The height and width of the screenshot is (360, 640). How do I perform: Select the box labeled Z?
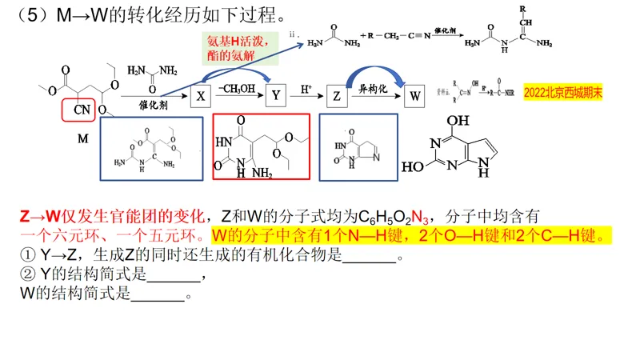(x=338, y=96)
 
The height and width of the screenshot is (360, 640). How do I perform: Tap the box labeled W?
(x=414, y=96)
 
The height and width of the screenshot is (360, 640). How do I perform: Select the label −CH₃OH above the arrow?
(x=237, y=86)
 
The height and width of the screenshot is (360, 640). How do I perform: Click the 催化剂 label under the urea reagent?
(x=154, y=104)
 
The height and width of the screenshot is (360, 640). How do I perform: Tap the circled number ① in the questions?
(x=26, y=256)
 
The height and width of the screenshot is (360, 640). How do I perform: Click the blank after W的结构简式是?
(x=157, y=294)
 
